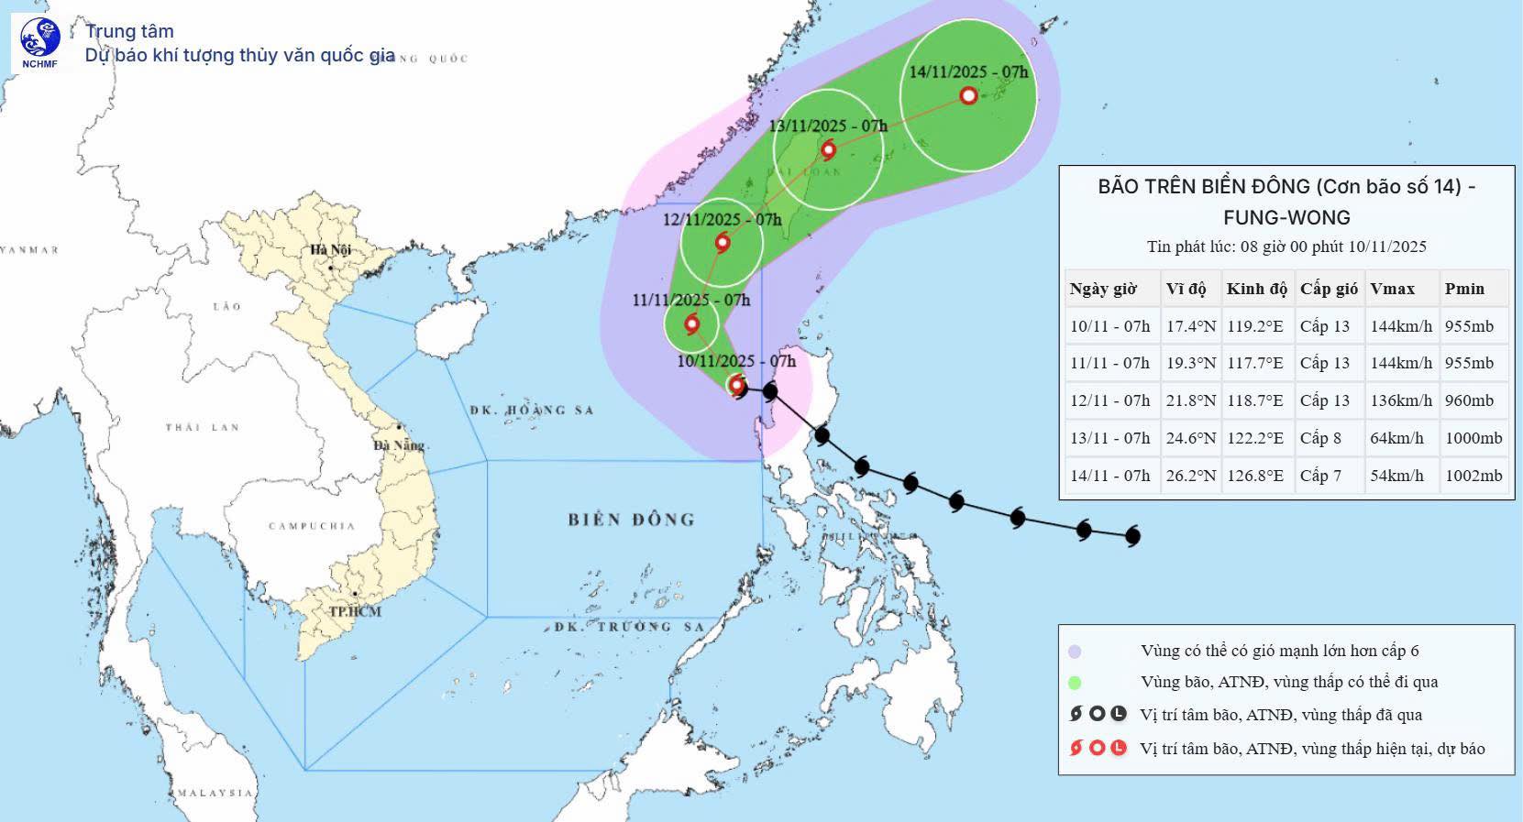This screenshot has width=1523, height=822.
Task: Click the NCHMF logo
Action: coord(40,41)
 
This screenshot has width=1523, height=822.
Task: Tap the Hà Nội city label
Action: coord(330,250)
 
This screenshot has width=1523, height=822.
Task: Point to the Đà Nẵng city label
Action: coord(399,445)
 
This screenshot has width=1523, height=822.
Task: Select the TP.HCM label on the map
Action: coord(355,611)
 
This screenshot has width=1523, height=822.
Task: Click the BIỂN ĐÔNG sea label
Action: coord(631,520)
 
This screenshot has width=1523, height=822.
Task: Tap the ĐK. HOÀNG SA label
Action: coord(532,411)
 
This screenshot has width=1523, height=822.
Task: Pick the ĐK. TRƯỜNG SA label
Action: coord(629,627)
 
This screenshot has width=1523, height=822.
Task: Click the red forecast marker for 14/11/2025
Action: coord(969,95)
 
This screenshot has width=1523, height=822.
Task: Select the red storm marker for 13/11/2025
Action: coord(828,149)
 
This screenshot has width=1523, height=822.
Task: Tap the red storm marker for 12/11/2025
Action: coord(723,243)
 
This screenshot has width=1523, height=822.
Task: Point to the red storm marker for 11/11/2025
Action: coord(691,323)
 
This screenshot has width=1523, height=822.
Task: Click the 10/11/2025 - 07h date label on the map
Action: coord(736,361)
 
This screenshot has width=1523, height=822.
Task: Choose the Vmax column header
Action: coord(1392,289)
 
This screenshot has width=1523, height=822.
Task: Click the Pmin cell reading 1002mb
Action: coord(1473,476)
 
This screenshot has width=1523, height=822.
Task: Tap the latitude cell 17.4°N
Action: coord(1191,326)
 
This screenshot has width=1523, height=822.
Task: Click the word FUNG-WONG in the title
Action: coord(1286,217)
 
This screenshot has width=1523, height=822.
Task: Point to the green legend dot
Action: coord(1075,683)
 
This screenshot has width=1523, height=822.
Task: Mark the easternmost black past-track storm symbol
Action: coord(1131,535)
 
